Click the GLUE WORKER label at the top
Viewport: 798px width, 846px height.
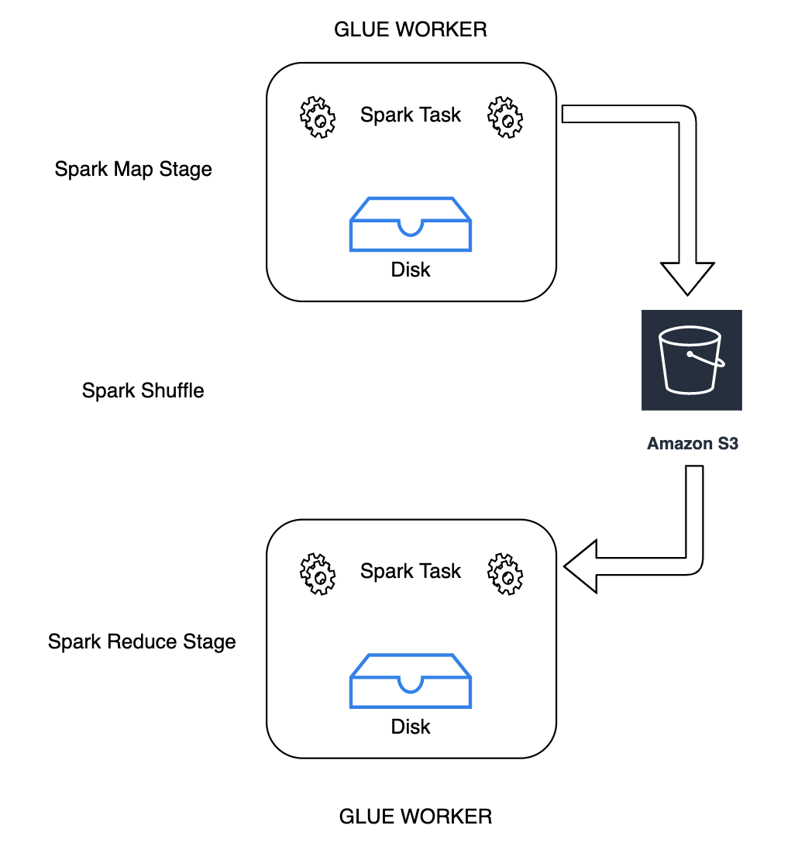[410, 29]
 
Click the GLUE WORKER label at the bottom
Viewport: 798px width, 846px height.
[415, 817]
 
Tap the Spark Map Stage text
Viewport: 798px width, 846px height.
[133, 169]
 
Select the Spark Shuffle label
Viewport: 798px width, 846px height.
[143, 390]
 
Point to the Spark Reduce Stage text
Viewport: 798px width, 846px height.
[142, 641]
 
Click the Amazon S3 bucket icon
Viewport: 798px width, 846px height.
[691, 359]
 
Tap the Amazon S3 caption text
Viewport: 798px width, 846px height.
[692, 444]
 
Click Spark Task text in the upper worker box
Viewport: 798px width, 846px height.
[411, 115]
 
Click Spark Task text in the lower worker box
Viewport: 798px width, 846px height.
[411, 572]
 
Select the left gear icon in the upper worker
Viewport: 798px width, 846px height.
[318, 118]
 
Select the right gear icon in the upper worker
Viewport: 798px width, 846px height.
[505, 118]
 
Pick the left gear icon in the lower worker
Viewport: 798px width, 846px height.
[318, 574]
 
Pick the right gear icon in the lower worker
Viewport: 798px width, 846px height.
[505, 574]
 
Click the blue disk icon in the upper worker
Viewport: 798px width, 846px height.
[411, 224]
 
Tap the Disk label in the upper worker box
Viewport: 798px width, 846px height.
[411, 270]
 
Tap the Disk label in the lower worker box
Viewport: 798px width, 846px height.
[411, 727]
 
